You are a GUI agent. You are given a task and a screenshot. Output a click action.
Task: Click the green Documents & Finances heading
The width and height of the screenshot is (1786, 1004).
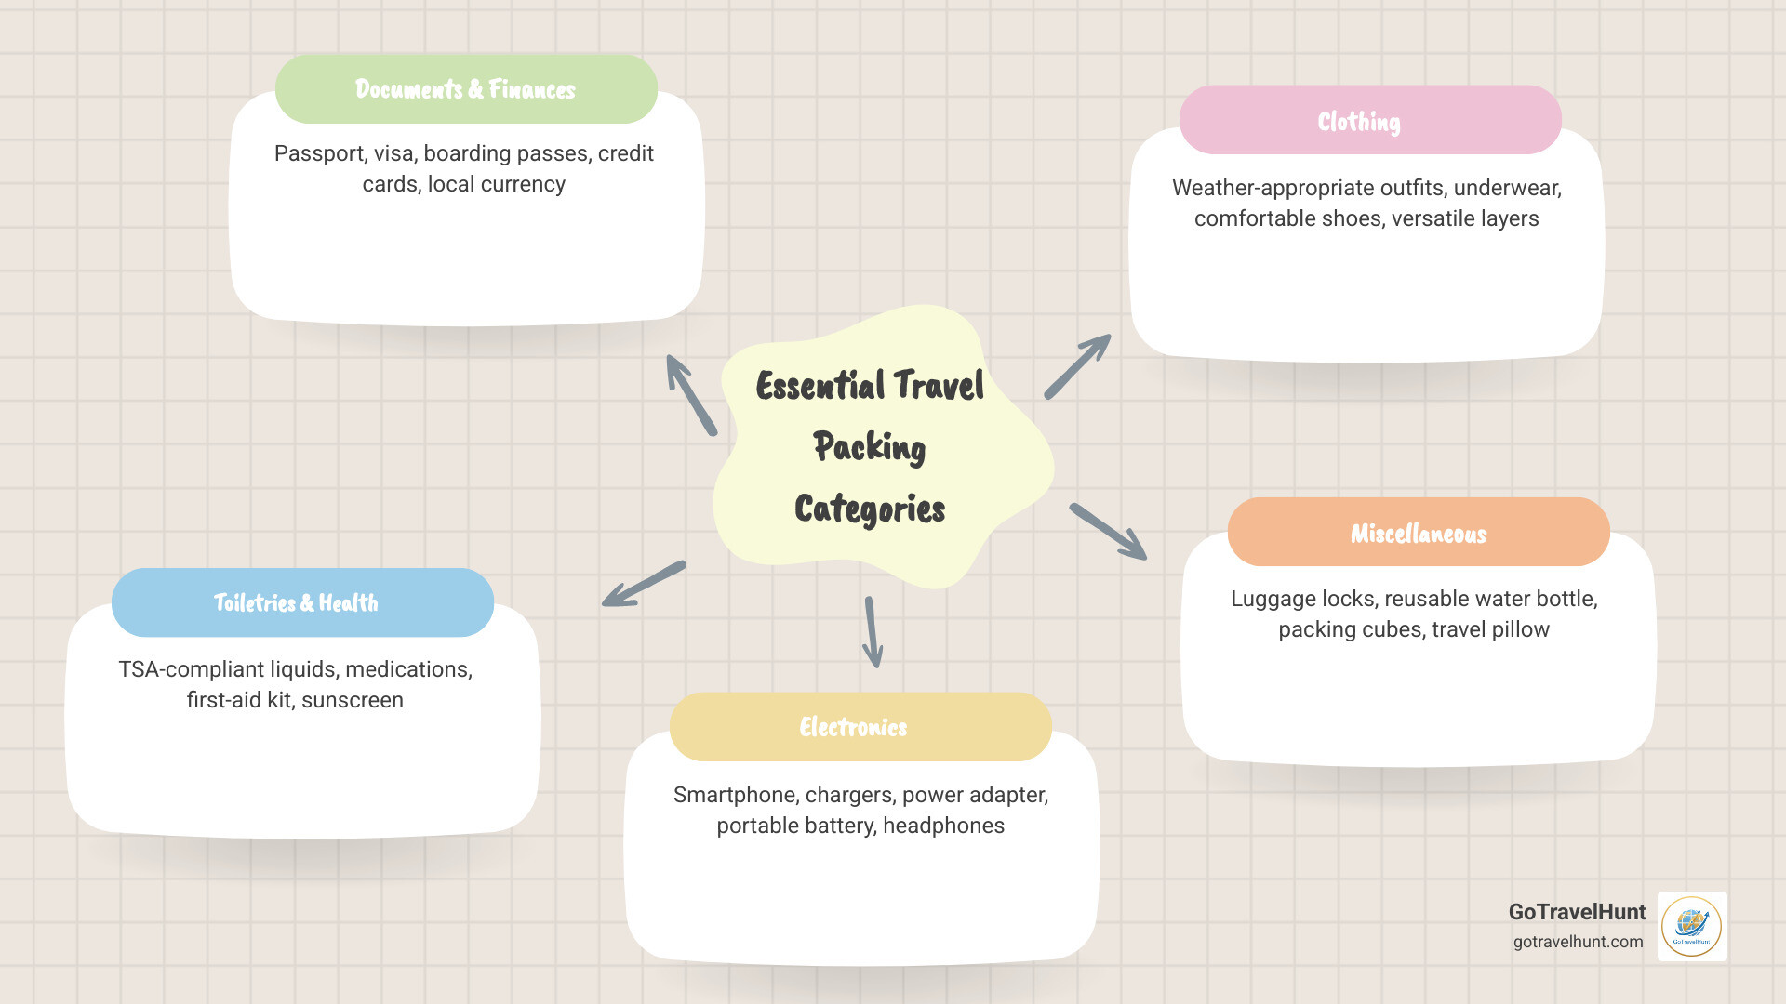coord(466,89)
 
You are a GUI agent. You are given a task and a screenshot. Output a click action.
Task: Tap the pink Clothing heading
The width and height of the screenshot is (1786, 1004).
coord(1359,121)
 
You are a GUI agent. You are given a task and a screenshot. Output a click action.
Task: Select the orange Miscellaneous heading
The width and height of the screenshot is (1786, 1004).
coord(1419,533)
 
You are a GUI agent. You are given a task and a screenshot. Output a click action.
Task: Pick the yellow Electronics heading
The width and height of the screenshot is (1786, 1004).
coord(853,727)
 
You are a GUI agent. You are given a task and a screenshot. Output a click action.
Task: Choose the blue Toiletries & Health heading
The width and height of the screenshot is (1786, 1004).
coord(296,602)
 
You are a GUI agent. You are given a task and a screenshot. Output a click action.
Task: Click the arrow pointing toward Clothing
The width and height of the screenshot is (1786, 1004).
coord(1077,366)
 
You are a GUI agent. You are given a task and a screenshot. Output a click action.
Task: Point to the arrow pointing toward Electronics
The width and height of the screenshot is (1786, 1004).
coord(872,632)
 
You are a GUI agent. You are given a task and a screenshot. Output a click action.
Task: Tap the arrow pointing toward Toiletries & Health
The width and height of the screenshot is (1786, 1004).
coord(644,584)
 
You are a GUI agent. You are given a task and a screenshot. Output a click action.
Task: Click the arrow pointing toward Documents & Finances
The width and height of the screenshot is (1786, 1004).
coord(691,394)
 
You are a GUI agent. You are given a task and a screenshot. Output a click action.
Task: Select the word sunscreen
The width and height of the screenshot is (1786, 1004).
coord(352,700)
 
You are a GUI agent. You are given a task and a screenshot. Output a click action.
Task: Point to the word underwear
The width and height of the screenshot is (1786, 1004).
coord(1506,188)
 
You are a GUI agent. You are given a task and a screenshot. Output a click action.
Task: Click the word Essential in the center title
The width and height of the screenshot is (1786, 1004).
coord(820,386)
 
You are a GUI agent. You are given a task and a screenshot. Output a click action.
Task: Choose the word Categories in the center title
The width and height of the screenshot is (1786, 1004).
coord(870,509)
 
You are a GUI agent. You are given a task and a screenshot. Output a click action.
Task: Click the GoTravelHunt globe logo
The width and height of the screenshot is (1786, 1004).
coord(1691,926)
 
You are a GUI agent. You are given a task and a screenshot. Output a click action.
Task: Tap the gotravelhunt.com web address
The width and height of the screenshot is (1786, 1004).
coord(1578,942)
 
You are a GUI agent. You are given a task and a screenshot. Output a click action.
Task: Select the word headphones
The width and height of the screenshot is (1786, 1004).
coord(943,826)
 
